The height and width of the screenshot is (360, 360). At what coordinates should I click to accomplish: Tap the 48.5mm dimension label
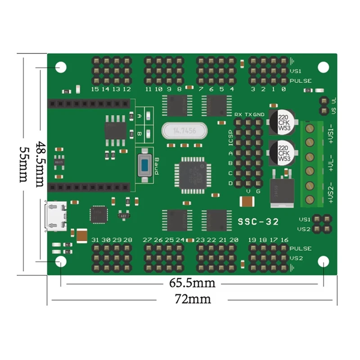41,164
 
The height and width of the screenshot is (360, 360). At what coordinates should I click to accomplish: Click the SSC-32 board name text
258,221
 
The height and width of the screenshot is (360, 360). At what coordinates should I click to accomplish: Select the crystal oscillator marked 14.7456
184,131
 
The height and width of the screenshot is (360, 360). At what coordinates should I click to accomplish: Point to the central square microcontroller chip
193,174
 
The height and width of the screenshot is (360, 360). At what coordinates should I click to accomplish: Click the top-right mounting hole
323,67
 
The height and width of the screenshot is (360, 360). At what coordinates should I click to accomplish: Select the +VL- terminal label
331,164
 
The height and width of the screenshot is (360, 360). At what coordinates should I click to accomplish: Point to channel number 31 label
95,240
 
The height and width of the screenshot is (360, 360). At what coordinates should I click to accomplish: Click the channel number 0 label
283,89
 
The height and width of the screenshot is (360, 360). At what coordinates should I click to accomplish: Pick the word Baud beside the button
157,166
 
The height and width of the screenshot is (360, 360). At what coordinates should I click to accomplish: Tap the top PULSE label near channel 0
301,81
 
